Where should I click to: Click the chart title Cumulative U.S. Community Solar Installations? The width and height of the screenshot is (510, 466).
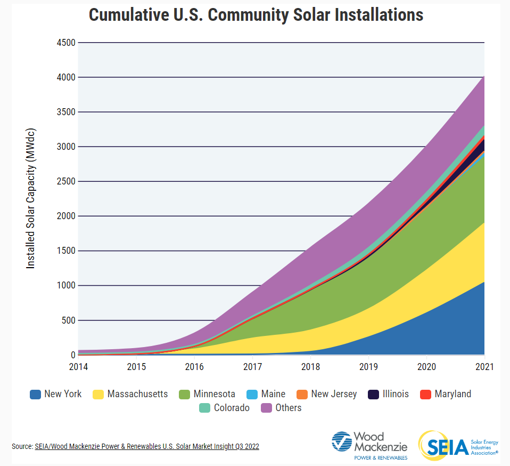[256, 14]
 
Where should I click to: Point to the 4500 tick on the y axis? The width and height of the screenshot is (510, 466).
[65, 43]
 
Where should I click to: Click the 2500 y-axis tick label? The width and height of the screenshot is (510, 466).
[65, 181]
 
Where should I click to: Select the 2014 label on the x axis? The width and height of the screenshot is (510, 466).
[78, 367]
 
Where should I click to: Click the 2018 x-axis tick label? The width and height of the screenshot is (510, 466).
[310, 367]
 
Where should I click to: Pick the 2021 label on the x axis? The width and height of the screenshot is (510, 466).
[484, 367]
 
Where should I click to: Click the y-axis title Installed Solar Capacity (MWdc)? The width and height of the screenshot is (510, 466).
[31, 198]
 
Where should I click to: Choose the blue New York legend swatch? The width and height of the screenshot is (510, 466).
[35, 395]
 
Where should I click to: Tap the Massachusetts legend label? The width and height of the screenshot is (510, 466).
[137, 395]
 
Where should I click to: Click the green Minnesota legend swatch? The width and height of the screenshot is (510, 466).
[184, 395]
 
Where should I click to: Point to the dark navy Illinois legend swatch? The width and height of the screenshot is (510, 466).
[373, 395]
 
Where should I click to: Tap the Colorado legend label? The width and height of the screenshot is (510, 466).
[232, 408]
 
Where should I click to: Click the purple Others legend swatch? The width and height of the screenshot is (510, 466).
[266, 408]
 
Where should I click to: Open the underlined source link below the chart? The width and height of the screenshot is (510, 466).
[147, 446]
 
